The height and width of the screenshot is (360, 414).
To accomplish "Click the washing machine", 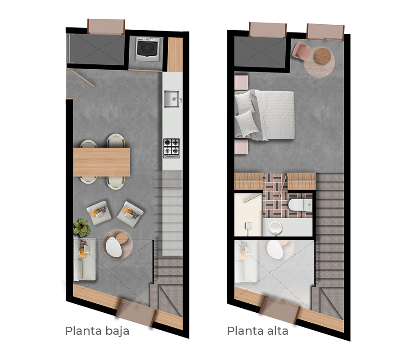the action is pos(148,49).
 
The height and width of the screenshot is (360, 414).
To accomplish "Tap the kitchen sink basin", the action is pos(171,99).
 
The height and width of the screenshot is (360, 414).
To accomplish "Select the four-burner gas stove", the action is pos(171,148).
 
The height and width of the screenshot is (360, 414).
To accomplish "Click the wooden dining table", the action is pos(102,162).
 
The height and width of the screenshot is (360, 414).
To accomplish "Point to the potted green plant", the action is pos(82,227).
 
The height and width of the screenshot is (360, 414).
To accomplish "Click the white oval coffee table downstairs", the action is pos(114,247).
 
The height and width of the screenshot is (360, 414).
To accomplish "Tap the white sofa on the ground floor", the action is pos(85,259).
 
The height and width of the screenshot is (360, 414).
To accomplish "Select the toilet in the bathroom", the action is pos(301,205).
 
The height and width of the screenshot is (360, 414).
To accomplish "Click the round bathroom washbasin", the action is pos(275,227).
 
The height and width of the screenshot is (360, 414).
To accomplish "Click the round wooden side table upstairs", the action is pos(323,55).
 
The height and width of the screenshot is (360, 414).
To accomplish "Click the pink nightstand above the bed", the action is pos(241,82).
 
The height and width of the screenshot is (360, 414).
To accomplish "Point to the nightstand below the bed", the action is pos(241,147).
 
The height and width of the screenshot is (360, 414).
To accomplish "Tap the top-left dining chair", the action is pos(89,144).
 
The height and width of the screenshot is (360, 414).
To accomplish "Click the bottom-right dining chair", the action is pos(116,183).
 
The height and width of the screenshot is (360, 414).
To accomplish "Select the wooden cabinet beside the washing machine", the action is pos(175,54).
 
